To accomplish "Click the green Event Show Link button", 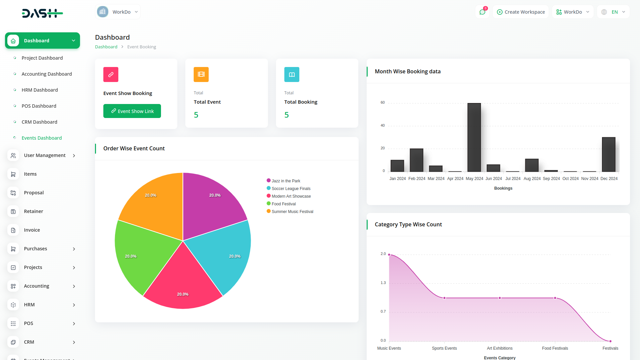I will pyautogui.click(x=132, y=111).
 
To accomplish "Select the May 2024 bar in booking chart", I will pyautogui.click(x=474, y=137).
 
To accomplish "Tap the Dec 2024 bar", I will pyautogui.click(x=609, y=154).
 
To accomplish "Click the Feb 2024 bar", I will pyautogui.click(x=416, y=160).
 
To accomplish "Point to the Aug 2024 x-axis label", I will pyautogui.click(x=532, y=179).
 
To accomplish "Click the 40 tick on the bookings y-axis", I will pyautogui.click(x=383, y=126).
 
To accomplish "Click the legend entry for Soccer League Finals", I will pyautogui.click(x=291, y=189).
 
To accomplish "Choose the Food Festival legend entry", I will pyautogui.click(x=283, y=204).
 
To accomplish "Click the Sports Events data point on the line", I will pyautogui.click(x=444, y=298).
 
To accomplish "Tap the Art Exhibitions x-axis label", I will pyautogui.click(x=500, y=348).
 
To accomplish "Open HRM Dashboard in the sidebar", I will pyautogui.click(x=40, y=90).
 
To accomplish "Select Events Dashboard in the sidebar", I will pyautogui.click(x=42, y=138).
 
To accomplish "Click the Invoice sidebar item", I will pyautogui.click(x=32, y=230).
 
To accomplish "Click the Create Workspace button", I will pyautogui.click(x=521, y=12).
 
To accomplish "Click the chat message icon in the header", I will pyautogui.click(x=482, y=12).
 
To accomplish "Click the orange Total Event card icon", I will pyautogui.click(x=201, y=75).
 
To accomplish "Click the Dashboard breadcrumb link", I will pyautogui.click(x=106, y=47).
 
